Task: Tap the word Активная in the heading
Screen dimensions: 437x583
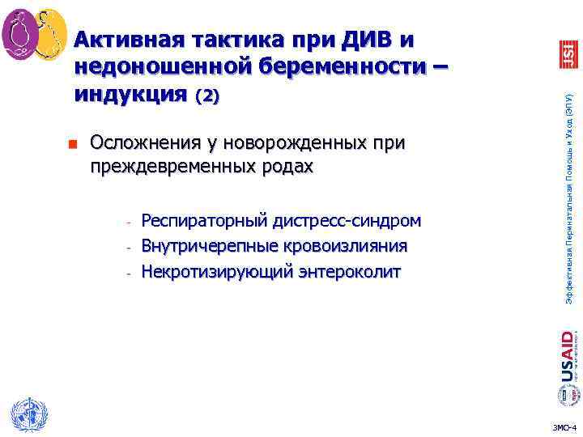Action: pos(125,38)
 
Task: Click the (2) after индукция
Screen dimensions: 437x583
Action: pos(206,95)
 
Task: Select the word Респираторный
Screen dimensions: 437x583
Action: pos(205,220)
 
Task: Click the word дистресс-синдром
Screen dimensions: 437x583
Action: pos(347,220)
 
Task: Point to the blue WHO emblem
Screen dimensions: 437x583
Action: pos(25,414)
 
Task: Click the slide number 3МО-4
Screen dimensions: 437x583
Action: pos(563,426)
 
